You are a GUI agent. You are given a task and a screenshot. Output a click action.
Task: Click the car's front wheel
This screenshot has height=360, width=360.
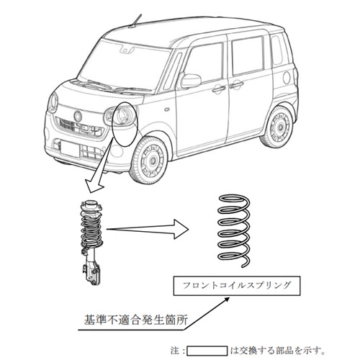click(149, 161)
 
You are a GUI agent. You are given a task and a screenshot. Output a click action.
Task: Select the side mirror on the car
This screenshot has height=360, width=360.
click(191, 81)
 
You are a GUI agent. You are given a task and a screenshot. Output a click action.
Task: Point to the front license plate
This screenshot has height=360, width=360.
click(70, 149)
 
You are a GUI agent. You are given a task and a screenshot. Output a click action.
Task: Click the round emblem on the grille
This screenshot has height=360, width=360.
click(78, 116)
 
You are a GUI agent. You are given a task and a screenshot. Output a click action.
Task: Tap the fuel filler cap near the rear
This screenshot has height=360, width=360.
click(287, 77)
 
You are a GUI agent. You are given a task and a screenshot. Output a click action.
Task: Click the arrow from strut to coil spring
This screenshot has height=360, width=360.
click(148, 229)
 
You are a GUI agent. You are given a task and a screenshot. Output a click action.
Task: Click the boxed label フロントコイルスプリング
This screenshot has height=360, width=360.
click(237, 286)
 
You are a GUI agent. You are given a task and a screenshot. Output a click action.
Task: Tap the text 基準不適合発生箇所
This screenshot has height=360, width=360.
click(136, 320)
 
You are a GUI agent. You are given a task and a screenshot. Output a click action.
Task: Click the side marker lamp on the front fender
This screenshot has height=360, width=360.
click(166, 109)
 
